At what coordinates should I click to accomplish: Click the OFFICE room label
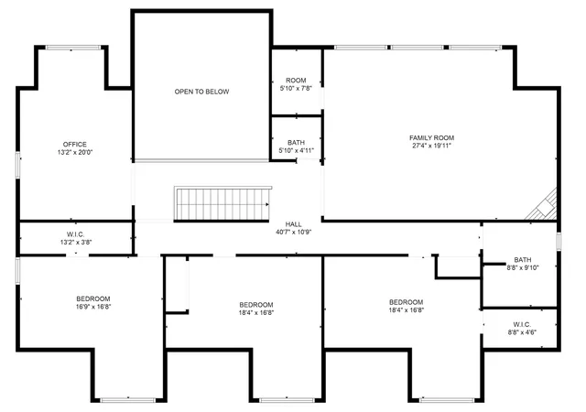75,144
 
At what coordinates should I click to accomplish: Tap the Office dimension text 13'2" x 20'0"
75,153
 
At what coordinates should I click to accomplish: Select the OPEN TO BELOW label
201,92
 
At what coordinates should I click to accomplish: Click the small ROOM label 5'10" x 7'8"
296,81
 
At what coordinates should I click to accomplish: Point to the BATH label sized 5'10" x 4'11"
296,143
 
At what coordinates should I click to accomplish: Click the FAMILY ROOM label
431,137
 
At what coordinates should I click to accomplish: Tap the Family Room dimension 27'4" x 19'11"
431,146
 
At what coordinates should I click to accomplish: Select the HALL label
293,223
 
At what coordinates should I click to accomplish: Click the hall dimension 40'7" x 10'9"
293,233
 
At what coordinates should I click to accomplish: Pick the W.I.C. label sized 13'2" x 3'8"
75,234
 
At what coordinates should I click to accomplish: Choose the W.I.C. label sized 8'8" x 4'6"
522,324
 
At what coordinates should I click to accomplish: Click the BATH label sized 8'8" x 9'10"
522,259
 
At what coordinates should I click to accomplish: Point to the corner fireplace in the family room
545,206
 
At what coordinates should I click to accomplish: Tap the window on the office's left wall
18,165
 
